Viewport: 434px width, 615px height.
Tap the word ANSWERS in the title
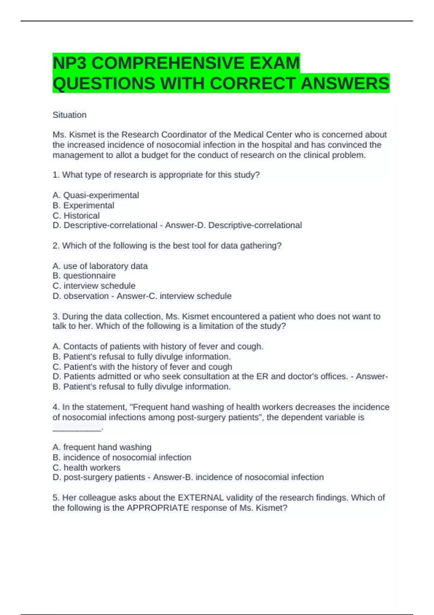[345, 84]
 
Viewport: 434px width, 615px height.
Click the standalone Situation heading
[69, 115]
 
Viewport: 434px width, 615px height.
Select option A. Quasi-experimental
[96, 195]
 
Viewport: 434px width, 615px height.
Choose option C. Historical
[76, 216]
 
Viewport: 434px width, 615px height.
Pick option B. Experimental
[83, 205]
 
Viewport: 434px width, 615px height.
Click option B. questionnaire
[84, 276]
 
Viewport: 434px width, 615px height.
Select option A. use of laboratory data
[100, 266]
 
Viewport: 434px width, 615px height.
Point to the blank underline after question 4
[77, 429]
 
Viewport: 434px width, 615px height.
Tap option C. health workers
[86, 467]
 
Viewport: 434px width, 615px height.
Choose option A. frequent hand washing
[102, 447]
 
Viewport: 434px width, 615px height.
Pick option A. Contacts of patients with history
[158, 347]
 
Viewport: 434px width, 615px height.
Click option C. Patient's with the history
[142, 367]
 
